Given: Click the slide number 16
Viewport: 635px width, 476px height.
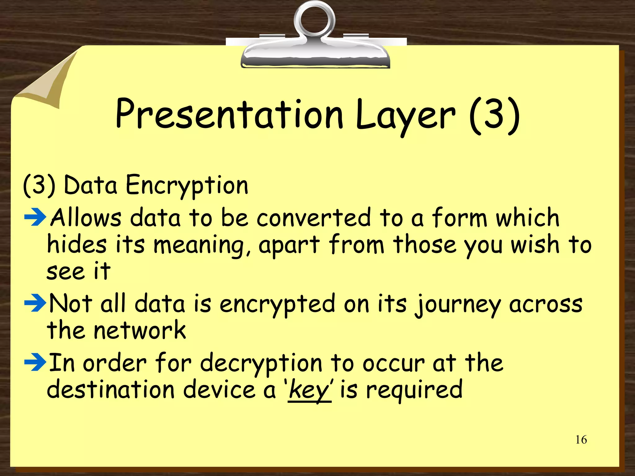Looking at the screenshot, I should [x=581, y=439].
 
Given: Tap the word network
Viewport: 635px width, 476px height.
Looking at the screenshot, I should [x=140, y=330].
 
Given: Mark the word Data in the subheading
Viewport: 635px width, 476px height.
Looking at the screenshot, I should [x=90, y=185].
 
